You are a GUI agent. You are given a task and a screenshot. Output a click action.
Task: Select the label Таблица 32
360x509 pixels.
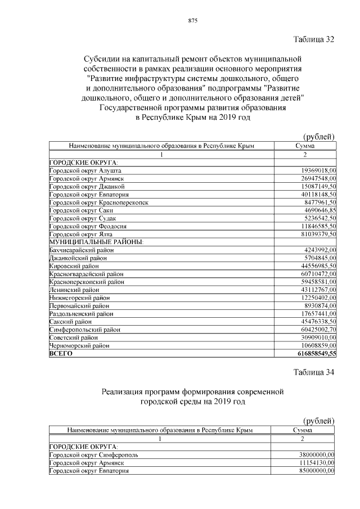pos(314,39)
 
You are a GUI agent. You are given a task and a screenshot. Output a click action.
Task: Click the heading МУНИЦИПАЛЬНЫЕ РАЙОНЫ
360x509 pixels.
pos(96,242)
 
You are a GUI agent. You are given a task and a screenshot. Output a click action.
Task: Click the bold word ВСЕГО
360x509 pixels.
pos(61,354)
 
